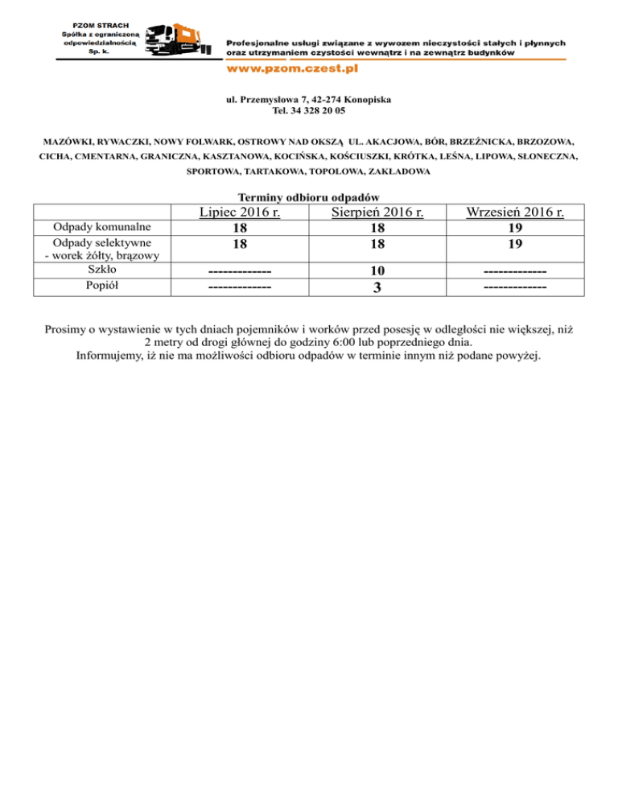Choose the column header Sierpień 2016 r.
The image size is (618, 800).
(377, 212)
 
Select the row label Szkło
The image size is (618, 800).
(101, 270)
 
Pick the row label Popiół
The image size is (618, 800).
(101, 284)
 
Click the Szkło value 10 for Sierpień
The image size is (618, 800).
(377, 270)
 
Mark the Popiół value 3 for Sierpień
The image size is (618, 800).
(377, 286)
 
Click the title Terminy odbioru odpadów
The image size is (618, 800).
(310, 197)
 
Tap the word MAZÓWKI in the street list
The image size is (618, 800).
(70, 140)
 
